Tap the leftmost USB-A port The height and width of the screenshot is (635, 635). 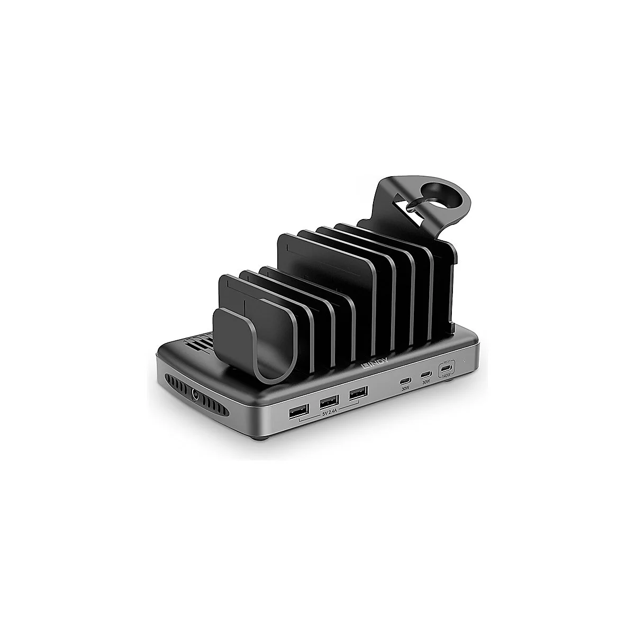click(295, 412)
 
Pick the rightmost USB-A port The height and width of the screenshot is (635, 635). click(358, 395)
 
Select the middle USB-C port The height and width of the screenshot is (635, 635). click(425, 375)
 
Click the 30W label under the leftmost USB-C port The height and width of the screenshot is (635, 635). click(406, 388)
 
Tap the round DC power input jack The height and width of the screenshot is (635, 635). click(198, 394)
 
